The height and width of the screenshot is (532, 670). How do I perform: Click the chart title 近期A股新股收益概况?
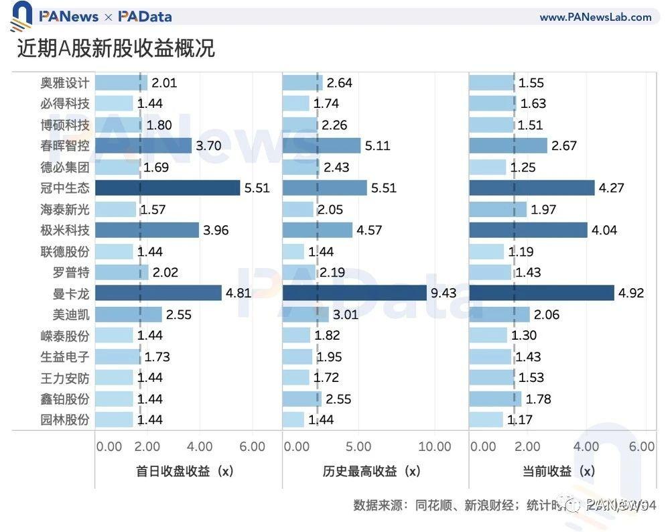[x=116, y=48]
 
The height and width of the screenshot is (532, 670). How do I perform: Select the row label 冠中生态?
[x=64, y=188]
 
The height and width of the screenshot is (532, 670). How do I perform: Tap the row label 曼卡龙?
[x=72, y=293]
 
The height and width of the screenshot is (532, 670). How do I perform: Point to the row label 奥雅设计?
[x=64, y=82]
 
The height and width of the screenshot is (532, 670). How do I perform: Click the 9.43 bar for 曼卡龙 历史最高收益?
[x=354, y=293]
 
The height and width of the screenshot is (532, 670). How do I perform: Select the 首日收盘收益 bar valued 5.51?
[x=167, y=188]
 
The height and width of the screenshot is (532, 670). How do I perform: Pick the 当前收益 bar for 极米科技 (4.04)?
[x=528, y=230]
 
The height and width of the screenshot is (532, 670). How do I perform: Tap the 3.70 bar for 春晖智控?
[x=143, y=145]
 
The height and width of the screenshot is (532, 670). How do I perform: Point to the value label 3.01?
[x=346, y=314]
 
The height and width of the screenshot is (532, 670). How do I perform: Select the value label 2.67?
[x=563, y=145]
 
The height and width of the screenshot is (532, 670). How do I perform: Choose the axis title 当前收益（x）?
[x=559, y=471]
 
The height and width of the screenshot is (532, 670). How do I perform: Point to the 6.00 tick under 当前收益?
[x=642, y=446]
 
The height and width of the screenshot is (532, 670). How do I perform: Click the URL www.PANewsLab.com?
[x=595, y=17]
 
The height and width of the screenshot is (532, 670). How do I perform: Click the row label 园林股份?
[x=64, y=419]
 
